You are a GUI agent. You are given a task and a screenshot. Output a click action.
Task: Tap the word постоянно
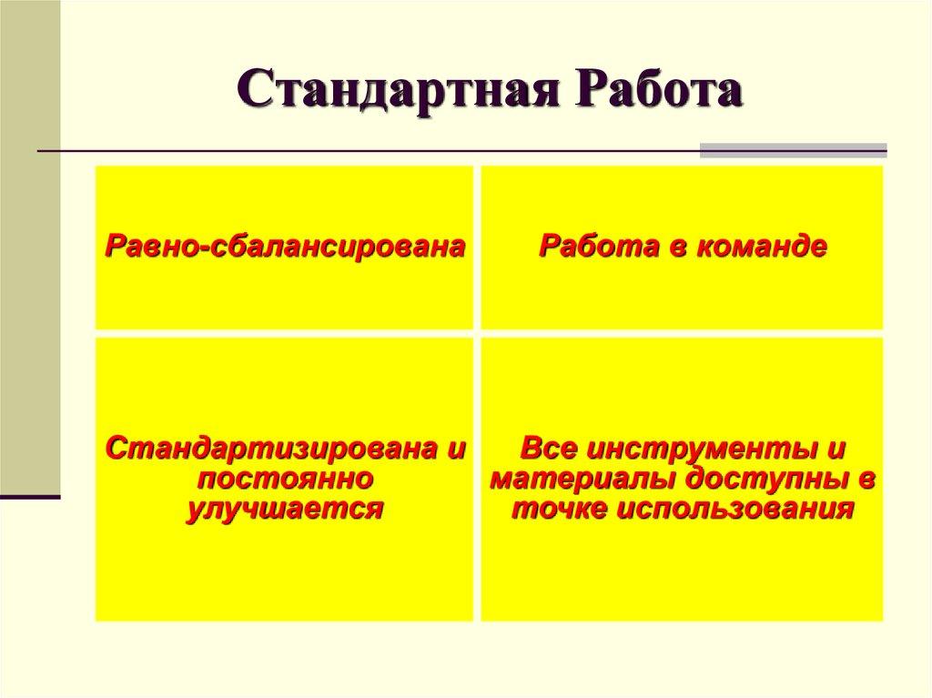285,478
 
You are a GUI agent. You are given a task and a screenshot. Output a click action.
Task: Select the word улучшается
285,508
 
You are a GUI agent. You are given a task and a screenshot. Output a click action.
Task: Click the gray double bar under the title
793,150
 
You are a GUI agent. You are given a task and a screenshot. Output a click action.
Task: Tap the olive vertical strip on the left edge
30,246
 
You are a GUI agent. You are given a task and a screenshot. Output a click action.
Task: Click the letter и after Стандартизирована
456,449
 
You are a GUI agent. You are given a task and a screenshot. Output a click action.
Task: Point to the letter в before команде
674,247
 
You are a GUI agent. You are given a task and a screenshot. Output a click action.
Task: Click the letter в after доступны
868,479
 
